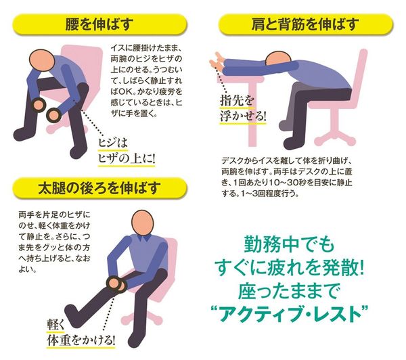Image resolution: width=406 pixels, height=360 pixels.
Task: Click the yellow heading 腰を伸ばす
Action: pos(99,24)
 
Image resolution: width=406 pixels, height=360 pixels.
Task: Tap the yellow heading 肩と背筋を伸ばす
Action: pos(306,24)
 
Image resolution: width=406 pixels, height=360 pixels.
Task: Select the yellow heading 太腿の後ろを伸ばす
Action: pos(99,188)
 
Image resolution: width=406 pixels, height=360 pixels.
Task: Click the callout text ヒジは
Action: pos(113,143)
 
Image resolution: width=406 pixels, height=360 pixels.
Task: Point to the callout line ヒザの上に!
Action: pos(127,158)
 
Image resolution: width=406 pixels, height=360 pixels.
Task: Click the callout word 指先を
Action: pos(237,101)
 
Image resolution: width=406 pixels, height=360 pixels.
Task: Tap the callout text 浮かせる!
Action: pos(243,116)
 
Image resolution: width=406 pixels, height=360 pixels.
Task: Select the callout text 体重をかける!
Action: pos(81,340)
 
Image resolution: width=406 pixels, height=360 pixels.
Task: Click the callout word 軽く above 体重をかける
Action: pos(55,324)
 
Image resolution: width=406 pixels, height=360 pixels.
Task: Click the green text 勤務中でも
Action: pos(289,244)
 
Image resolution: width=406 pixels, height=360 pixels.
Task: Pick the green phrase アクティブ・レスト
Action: pos(290,313)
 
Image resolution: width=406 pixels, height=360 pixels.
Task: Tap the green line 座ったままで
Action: pos(289,290)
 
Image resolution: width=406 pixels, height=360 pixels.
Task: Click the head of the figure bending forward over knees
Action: pos(42,61)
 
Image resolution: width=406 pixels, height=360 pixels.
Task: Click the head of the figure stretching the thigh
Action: pos(142,223)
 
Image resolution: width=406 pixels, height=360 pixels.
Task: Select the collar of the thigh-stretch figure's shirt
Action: pos(143,238)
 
